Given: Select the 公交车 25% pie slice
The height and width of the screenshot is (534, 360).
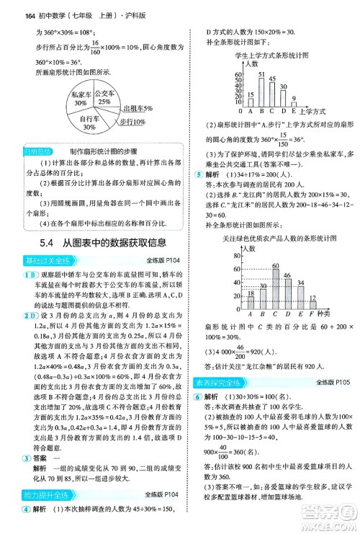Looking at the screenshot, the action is (x=105, y=97).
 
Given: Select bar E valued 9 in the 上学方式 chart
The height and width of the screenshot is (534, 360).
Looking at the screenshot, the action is (x=294, y=103).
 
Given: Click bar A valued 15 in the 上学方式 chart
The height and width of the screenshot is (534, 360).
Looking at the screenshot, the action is (x=251, y=102).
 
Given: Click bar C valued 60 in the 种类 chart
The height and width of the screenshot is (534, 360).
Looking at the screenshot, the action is (x=275, y=291).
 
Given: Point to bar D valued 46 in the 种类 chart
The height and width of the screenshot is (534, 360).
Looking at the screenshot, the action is (x=287, y=295).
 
